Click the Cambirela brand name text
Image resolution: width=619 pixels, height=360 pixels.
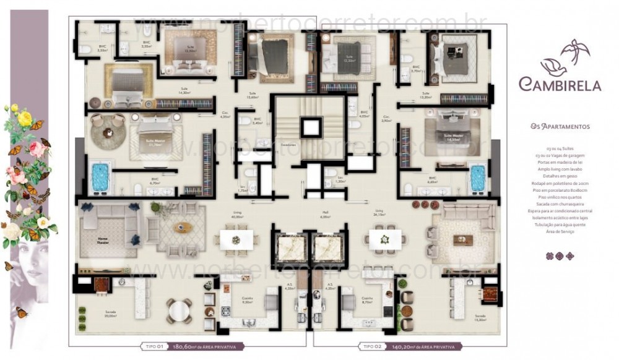pos(560,84)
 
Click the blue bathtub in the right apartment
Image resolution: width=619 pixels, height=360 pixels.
pos(477,178)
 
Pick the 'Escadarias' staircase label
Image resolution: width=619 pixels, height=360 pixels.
pos(288,147)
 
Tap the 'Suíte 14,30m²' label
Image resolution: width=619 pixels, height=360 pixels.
pos(184,90)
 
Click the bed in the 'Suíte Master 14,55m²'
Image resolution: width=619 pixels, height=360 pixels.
pos(452,131)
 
